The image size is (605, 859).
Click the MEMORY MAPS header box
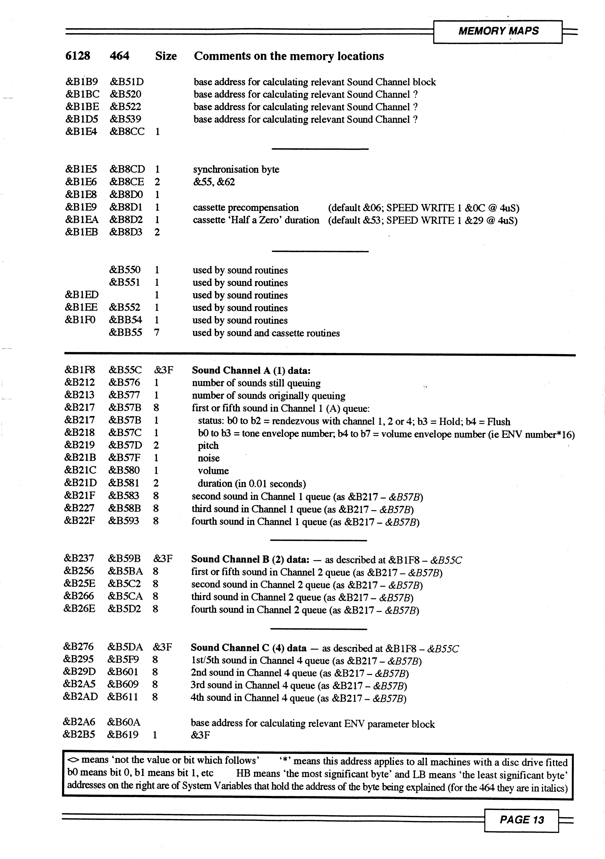click(x=498, y=31)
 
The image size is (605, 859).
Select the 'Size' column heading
click(x=166, y=56)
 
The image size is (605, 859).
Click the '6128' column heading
click(x=77, y=56)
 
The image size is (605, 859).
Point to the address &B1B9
click(x=82, y=82)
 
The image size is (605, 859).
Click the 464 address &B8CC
click(x=127, y=132)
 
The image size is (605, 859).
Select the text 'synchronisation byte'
click(x=236, y=170)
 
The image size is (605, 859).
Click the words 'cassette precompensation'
click(x=246, y=208)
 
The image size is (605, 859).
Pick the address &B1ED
click(x=82, y=295)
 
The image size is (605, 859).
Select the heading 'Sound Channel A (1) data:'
click(x=251, y=370)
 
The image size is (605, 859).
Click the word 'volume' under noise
click(x=213, y=471)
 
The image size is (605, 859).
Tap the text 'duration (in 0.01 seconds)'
click(x=252, y=484)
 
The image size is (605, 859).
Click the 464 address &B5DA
click(x=125, y=647)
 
